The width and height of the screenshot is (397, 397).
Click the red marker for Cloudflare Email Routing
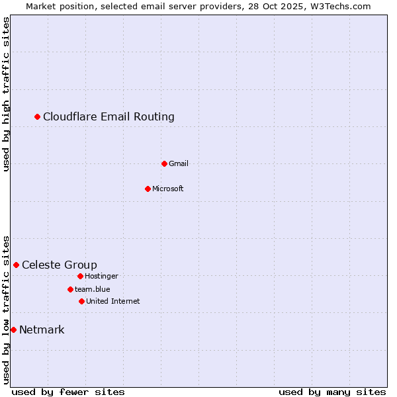point(38,117)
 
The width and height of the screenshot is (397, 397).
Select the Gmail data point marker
point(165,163)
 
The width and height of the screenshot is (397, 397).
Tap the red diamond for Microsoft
point(148,189)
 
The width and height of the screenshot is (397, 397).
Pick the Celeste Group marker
point(17,265)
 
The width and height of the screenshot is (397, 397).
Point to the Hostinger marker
point(80,276)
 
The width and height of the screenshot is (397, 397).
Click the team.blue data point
point(70,289)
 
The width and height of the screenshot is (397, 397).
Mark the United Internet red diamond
point(81,301)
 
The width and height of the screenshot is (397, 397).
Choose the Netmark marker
point(13,330)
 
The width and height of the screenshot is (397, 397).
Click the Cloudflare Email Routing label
point(109,117)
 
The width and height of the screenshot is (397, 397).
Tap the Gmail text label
point(179,163)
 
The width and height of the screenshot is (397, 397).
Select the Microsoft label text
point(167,189)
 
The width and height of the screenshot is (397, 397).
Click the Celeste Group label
point(60,265)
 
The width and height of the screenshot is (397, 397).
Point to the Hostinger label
point(101,276)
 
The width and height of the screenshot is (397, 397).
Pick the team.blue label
point(93,289)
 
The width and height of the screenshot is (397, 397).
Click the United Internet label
point(113,301)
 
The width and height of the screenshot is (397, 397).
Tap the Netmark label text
point(42,330)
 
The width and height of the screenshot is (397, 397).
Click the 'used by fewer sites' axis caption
point(68,392)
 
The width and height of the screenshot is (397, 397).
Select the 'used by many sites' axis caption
point(332,392)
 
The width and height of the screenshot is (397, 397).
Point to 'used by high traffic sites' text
point(6,94)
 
